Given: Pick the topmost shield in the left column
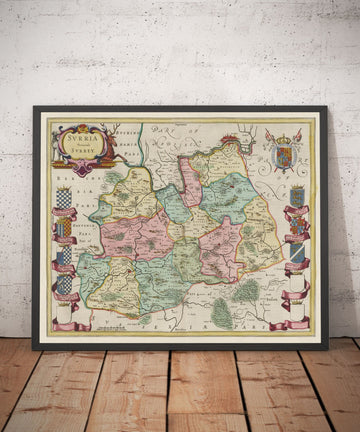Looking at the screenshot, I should tap(64, 198).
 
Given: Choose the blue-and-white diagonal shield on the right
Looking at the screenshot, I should tap(297, 253).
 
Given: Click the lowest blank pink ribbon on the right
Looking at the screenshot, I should tap(297, 322).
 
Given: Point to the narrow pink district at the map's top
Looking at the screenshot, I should tap(191, 180).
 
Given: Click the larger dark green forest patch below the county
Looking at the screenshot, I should tap(223, 312).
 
